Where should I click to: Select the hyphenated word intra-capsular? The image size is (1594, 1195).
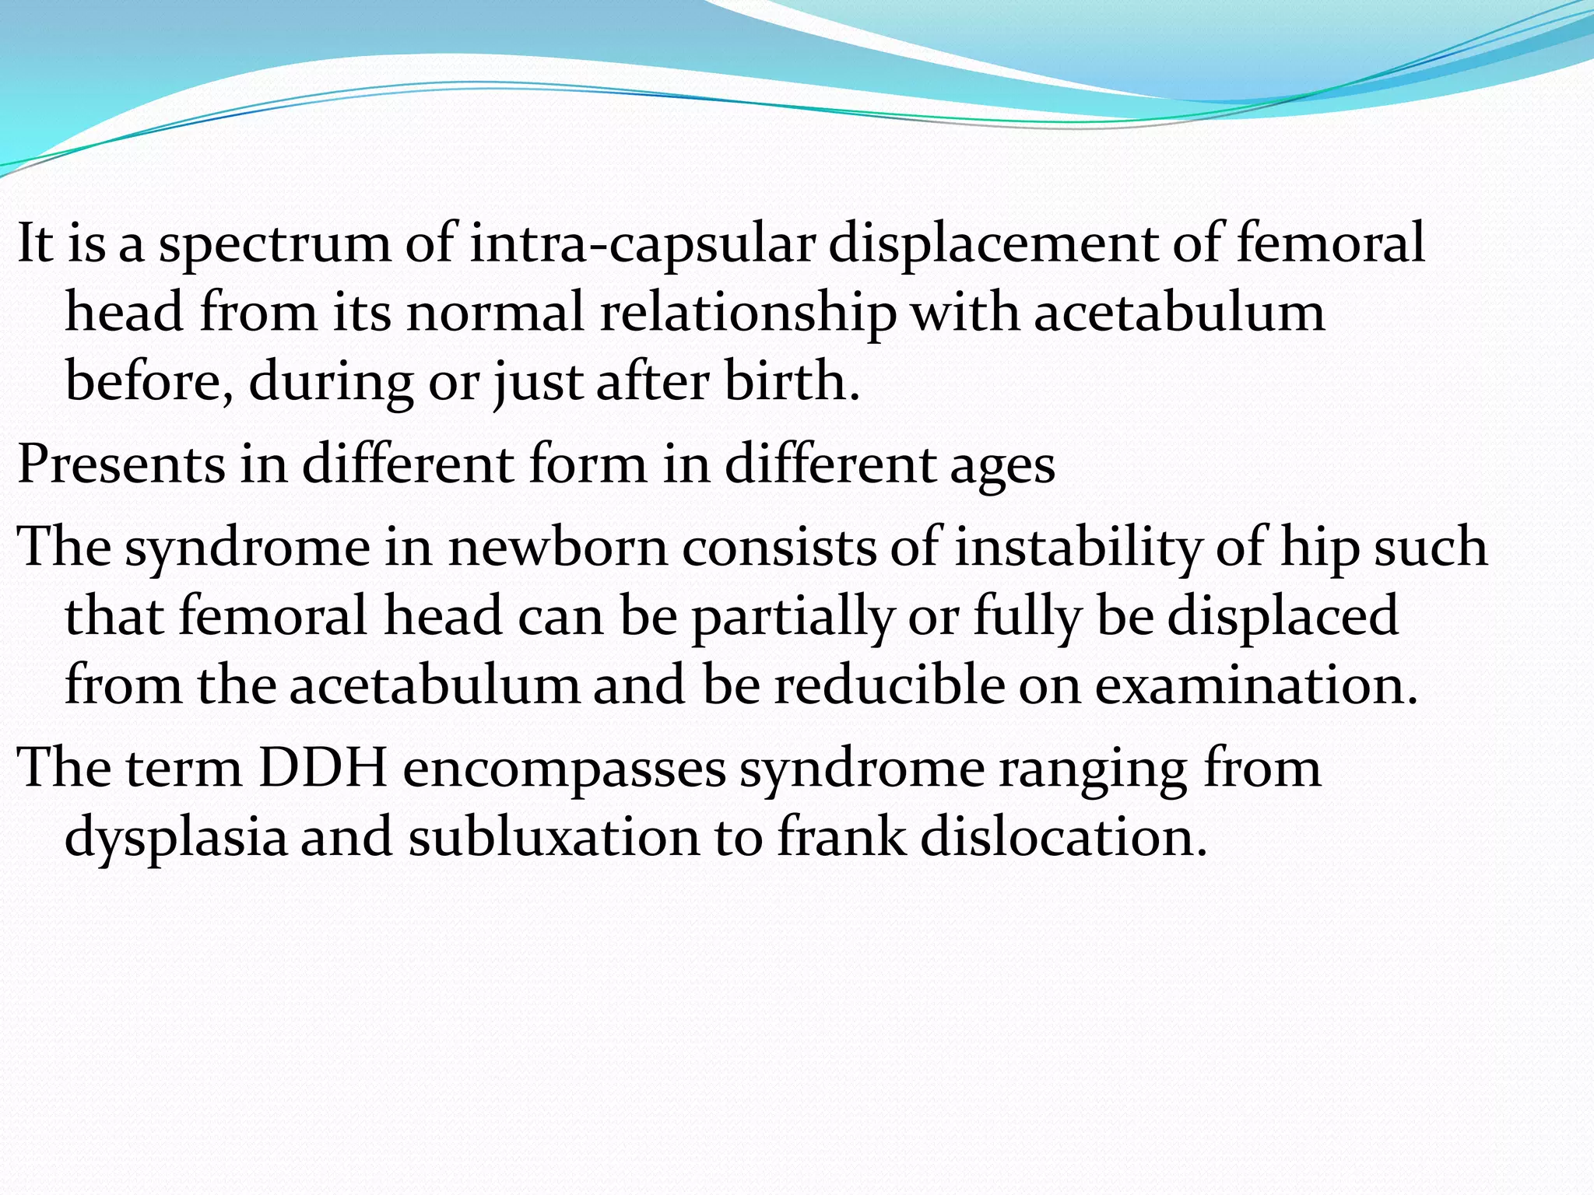(x=642, y=243)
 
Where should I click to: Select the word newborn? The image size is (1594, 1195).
(x=557, y=547)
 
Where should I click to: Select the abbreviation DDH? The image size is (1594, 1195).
(x=323, y=768)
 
